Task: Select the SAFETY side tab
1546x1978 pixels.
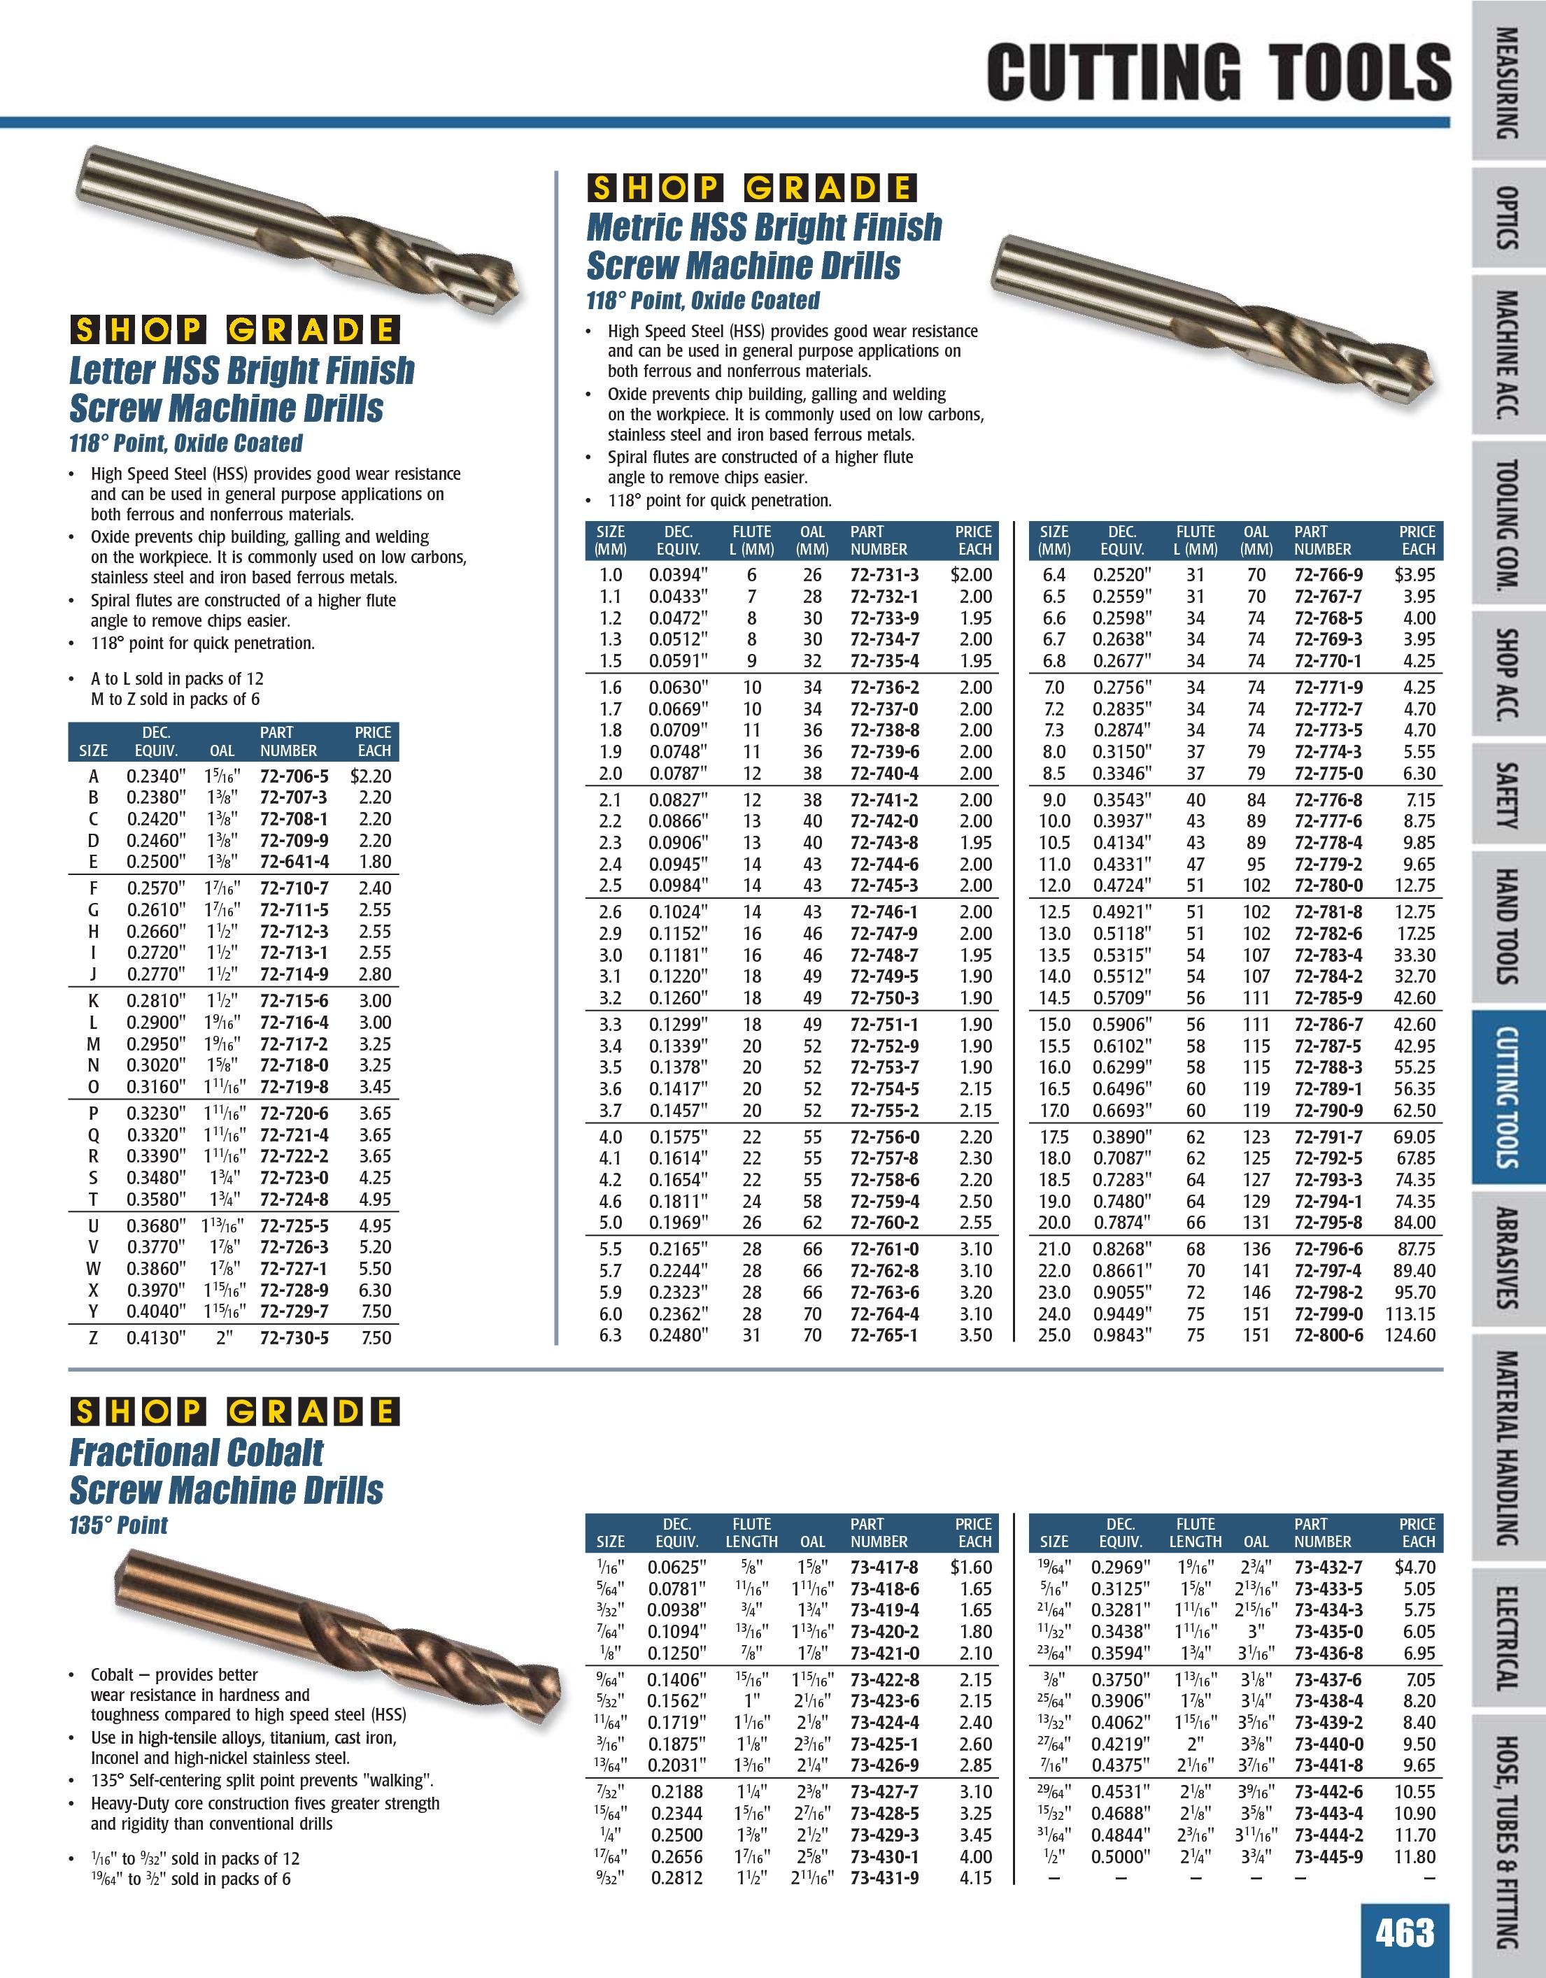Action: coord(1507,795)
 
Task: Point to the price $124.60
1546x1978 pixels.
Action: coord(1410,1335)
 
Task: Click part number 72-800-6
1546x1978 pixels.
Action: coord(1328,1335)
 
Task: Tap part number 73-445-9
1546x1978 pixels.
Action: coord(1328,1856)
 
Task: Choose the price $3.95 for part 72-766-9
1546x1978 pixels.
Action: coord(1414,574)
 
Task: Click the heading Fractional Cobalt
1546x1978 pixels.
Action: coord(196,1453)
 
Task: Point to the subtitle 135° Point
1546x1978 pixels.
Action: coord(119,1525)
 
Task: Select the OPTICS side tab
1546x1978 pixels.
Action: coord(1507,218)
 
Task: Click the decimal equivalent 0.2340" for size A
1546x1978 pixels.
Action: coord(156,776)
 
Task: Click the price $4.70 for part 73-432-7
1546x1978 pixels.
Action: coord(1414,1567)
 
